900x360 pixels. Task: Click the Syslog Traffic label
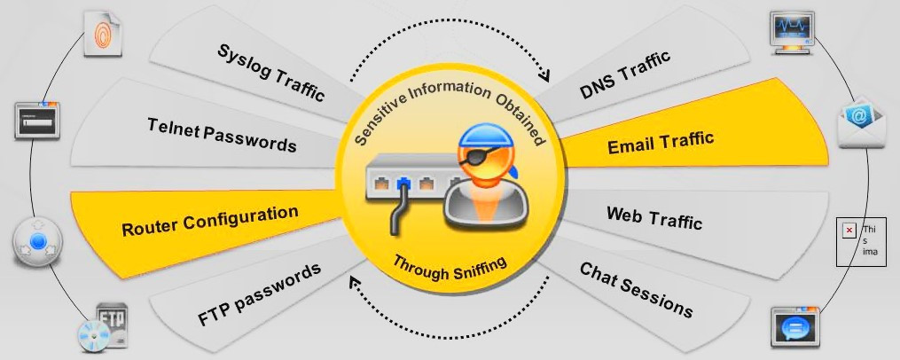point(270,73)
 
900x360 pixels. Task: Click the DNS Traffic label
point(624,76)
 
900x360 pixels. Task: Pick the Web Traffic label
point(653,217)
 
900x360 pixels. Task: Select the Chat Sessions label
point(636,290)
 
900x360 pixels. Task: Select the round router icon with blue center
point(38,242)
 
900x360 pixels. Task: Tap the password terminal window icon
point(37,120)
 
